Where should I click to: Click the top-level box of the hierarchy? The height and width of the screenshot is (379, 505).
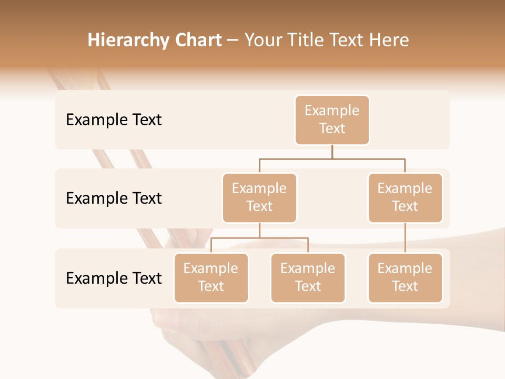click(x=332, y=120)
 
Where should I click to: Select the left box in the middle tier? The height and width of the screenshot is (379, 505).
click(x=259, y=198)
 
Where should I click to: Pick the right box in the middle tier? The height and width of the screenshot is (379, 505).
click(x=405, y=198)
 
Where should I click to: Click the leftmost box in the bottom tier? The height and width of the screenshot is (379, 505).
click(x=211, y=278)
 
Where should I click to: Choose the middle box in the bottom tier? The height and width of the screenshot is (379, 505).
click(x=308, y=278)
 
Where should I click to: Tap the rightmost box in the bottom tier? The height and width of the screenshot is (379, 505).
click(x=405, y=278)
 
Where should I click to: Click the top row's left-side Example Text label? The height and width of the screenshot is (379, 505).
click(x=114, y=120)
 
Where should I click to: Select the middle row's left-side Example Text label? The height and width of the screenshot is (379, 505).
click(x=114, y=198)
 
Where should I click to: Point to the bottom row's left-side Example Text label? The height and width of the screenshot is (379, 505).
click(x=114, y=278)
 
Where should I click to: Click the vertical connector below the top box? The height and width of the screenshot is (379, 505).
click(x=332, y=152)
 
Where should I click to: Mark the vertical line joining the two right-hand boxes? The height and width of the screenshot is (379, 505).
click(x=405, y=238)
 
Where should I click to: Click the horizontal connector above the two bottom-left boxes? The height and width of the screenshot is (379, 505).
click(x=259, y=238)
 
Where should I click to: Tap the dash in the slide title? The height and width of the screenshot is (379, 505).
click(x=233, y=41)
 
